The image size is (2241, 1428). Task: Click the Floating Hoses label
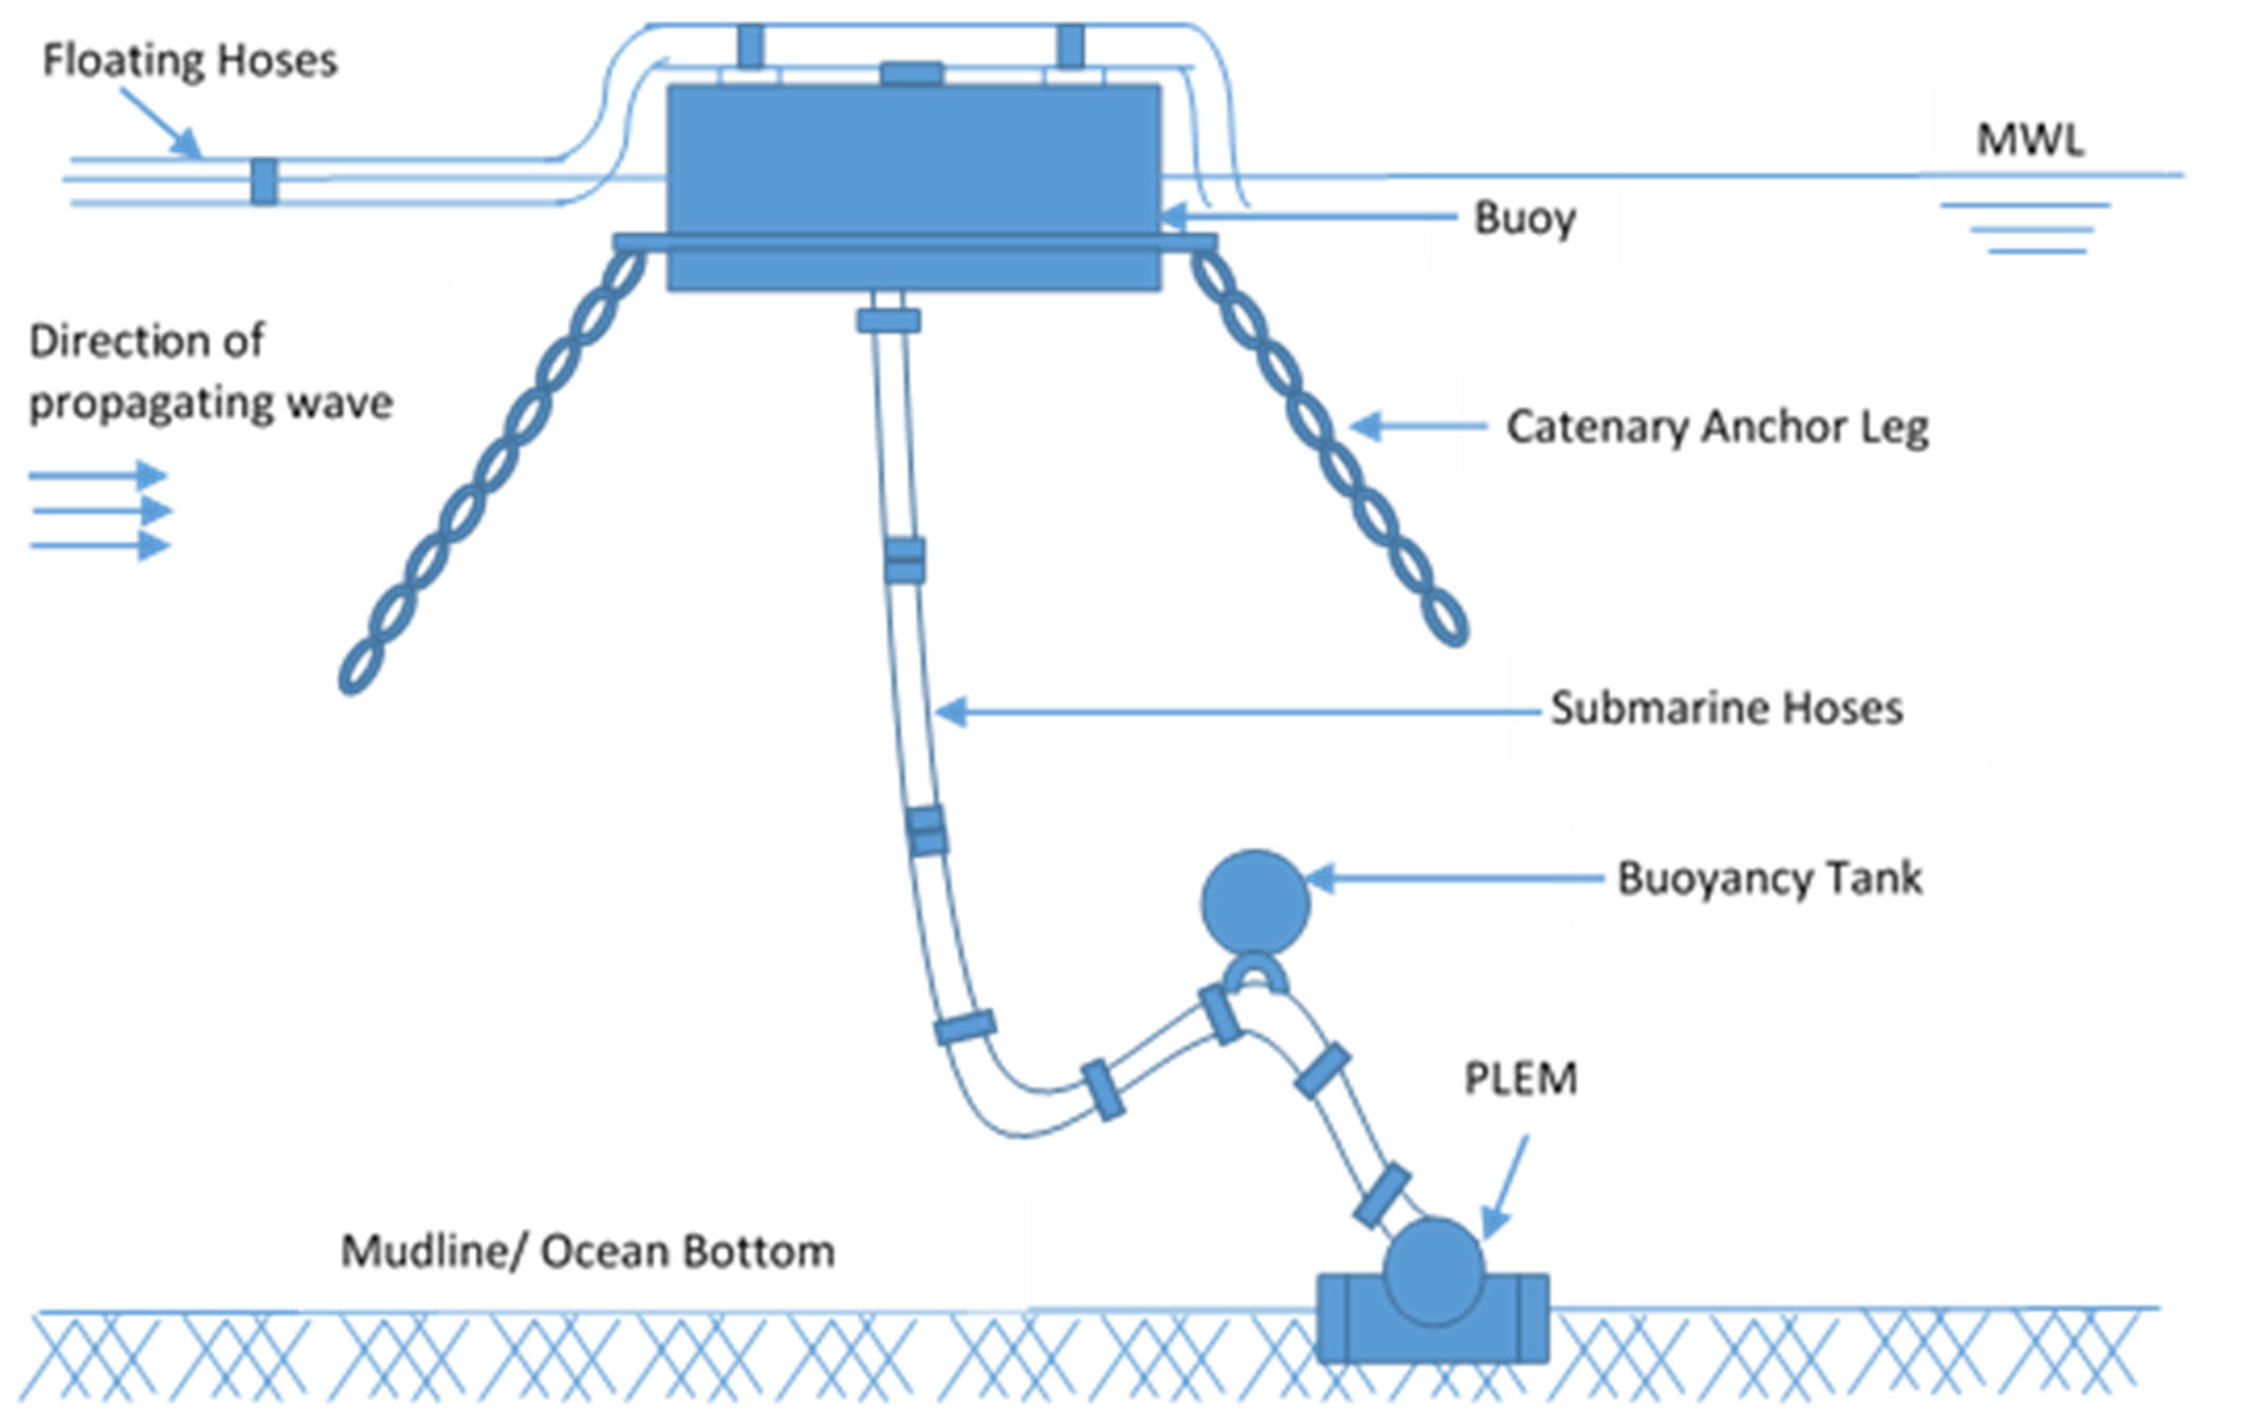pos(190,62)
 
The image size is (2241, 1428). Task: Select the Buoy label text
pos(1524,219)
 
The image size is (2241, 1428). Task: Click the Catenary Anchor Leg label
pos(1717,427)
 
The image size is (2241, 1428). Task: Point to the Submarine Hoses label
pos(1727,708)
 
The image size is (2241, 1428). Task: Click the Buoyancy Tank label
pos(1769,878)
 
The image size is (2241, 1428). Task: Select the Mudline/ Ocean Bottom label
pos(587,1251)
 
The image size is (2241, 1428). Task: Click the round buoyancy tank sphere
pos(1255,902)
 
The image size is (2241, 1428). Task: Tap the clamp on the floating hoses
pos(264,182)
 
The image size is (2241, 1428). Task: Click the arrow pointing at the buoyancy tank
pos(1452,878)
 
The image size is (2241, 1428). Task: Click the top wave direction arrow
pos(98,476)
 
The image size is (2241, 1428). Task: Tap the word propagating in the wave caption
pos(149,404)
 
